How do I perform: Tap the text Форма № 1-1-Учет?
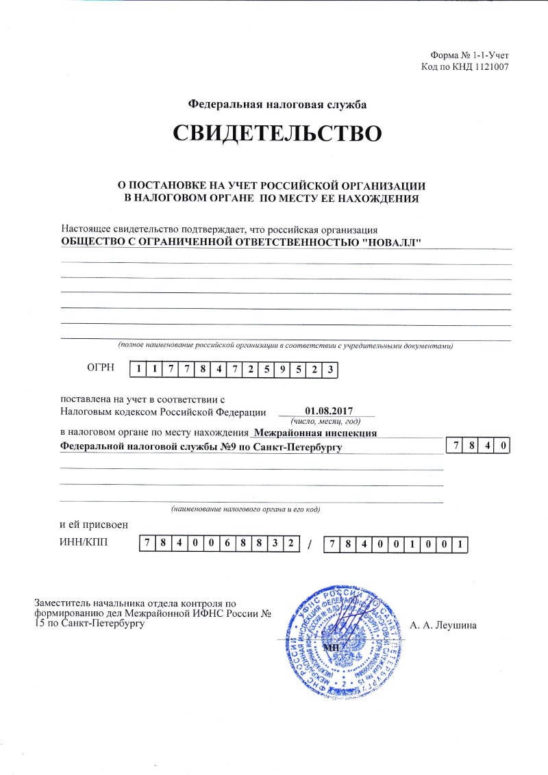(x=469, y=54)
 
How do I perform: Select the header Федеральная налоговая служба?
(x=277, y=105)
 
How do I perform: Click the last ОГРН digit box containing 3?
(x=330, y=370)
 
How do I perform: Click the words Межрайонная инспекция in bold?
(x=315, y=433)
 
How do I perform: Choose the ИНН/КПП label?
(x=84, y=544)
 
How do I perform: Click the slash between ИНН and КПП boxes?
(x=310, y=545)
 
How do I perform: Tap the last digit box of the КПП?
(x=462, y=544)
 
